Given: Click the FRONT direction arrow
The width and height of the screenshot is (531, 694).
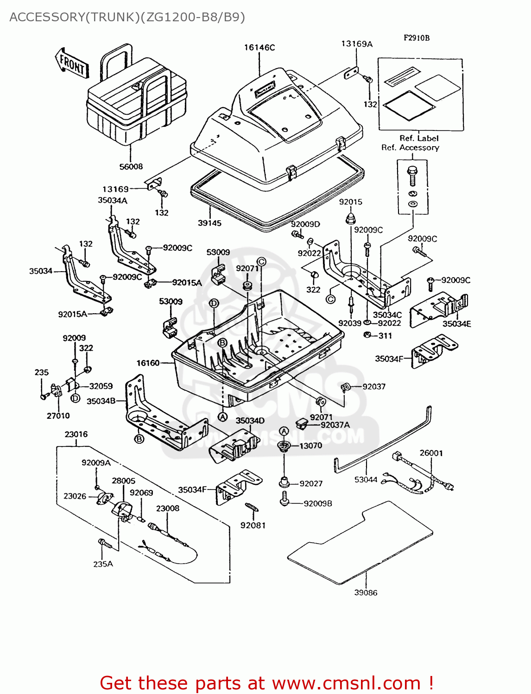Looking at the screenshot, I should [72, 63].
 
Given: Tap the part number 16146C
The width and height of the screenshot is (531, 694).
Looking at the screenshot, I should [259, 47].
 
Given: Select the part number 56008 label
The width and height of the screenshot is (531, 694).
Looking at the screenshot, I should [131, 167].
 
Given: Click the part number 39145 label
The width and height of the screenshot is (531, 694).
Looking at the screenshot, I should [209, 223].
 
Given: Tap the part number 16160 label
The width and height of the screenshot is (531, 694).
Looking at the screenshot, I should [148, 363].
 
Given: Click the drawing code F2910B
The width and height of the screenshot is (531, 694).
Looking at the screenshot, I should [416, 38].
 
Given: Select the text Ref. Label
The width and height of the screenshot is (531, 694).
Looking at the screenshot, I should [419, 138].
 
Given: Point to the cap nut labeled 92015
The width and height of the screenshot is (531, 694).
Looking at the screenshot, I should [350, 217].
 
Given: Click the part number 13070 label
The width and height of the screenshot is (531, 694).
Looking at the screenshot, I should [310, 446].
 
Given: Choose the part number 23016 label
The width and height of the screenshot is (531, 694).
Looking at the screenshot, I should [76, 434].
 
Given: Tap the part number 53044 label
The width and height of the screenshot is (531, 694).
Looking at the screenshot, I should [366, 479].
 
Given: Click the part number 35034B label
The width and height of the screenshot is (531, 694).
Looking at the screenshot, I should [101, 401].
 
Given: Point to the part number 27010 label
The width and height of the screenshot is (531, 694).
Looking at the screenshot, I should [58, 415].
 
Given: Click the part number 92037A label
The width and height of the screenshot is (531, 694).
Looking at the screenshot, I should [335, 425].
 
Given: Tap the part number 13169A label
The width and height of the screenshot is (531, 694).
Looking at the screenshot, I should [356, 43].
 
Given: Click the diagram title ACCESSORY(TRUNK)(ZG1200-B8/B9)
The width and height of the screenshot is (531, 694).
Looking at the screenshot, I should [127, 17].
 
